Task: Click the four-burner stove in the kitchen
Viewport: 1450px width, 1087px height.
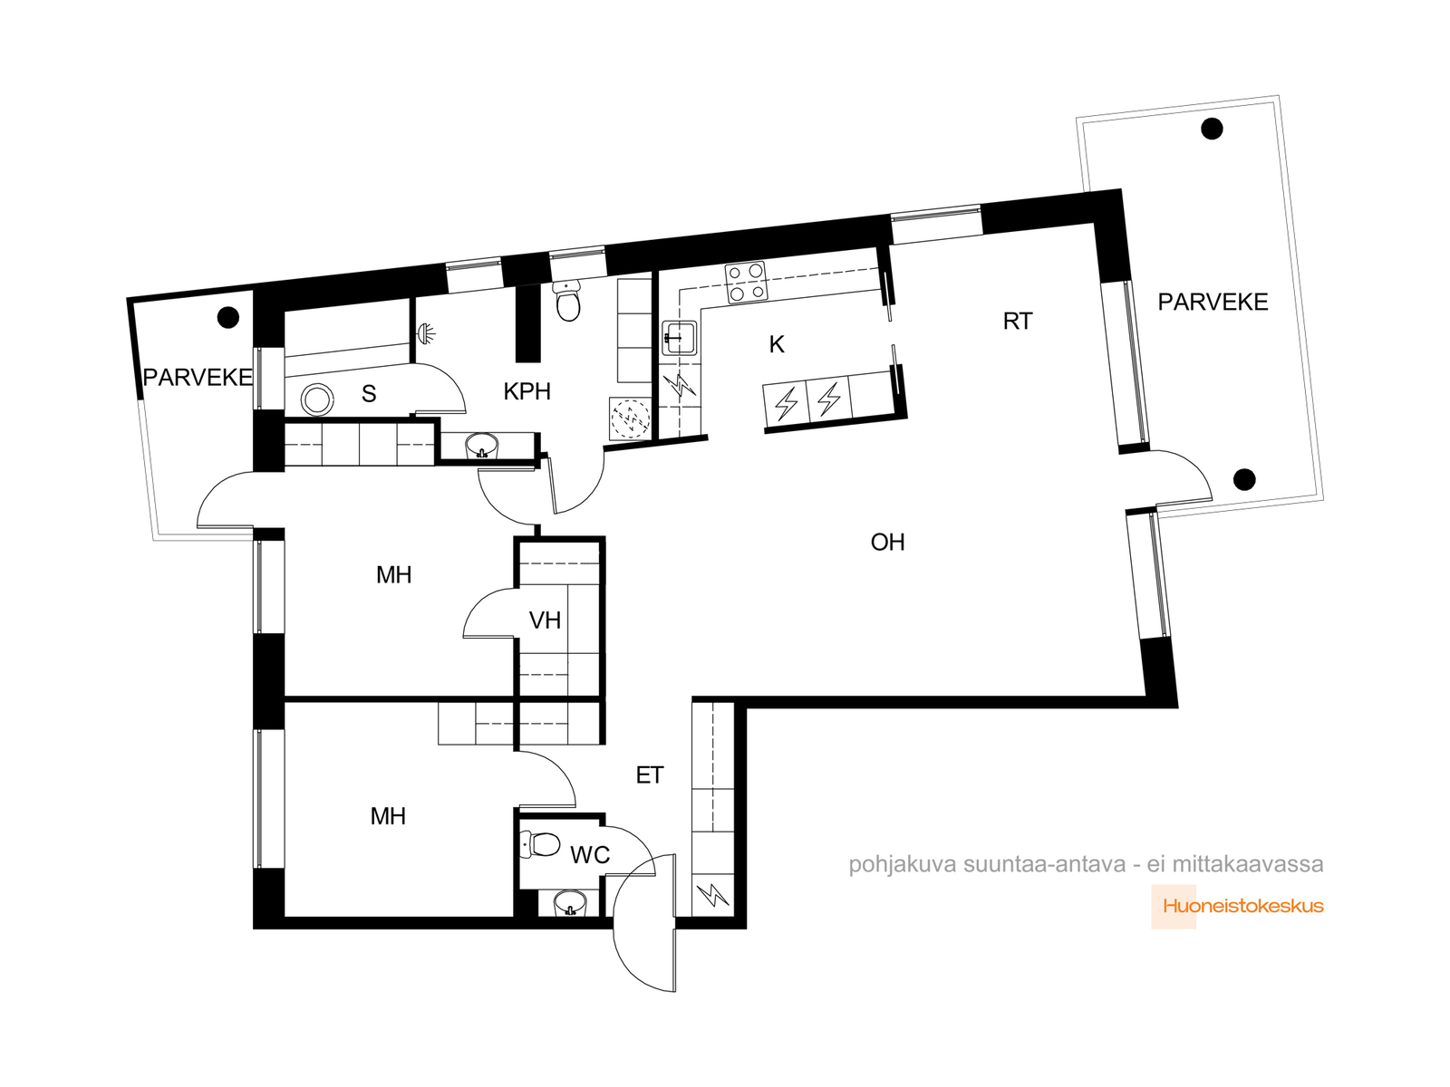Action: [x=746, y=282]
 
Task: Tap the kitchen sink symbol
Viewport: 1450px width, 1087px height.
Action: [x=679, y=338]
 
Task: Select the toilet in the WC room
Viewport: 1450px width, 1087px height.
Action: [x=540, y=844]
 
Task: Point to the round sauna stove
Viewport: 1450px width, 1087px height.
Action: [x=317, y=399]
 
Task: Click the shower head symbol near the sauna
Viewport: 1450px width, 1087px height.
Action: [x=427, y=332]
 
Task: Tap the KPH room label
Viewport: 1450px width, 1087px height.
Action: [x=527, y=391]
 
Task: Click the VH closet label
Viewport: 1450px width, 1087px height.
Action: [x=545, y=620]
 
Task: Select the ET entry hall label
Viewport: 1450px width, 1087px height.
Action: [x=650, y=774]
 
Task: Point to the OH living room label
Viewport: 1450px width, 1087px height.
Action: [x=887, y=542]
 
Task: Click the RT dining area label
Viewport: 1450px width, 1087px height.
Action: [x=1018, y=321]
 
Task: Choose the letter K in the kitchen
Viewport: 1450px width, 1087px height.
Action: [x=777, y=344]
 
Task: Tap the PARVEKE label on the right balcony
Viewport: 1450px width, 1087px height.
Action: [x=1213, y=302]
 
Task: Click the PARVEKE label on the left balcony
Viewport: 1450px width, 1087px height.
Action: [x=198, y=377]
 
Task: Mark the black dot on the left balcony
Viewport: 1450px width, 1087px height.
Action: [x=227, y=317]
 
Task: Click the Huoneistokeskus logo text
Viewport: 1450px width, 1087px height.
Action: [x=1243, y=906]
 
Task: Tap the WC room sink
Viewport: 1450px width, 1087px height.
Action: [x=569, y=902]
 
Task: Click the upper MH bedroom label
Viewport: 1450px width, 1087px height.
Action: [x=393, y=575]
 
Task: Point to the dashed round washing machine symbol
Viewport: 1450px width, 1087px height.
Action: [x=630, y=418]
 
